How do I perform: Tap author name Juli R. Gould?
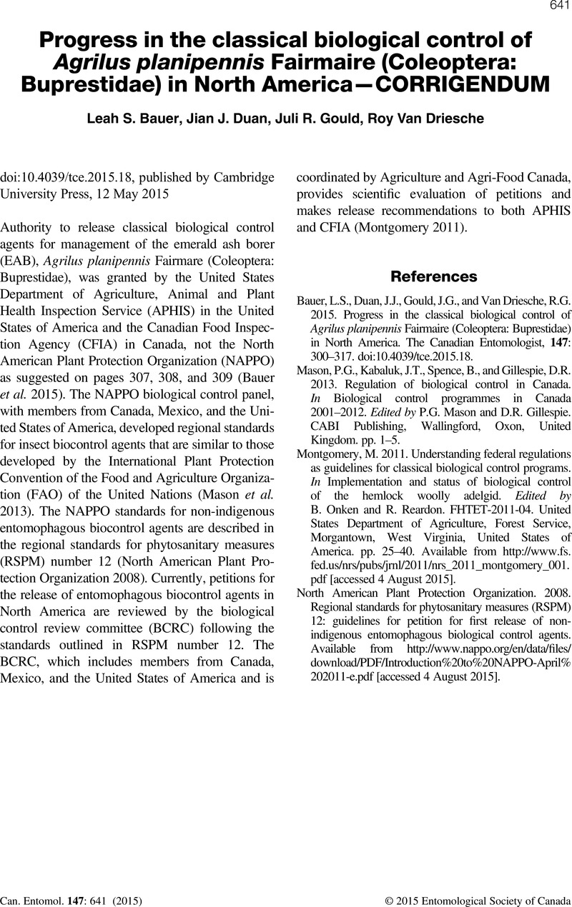click(x=325, y=119)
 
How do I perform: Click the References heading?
click(x=434, y=276)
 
